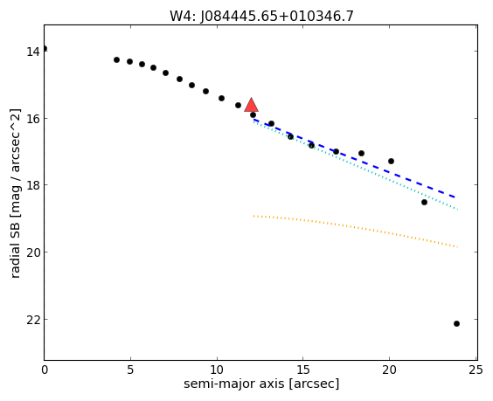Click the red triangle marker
pyautogui.click(x=251, y=106)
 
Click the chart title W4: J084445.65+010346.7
pyautogui.click(x=261, y=16)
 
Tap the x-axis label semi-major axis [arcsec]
pyautogui.click(x=261, y=384)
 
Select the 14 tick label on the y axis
pyautogui.click(x=33, y=52)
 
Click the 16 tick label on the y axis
pyautogui.click(x=33, y=119)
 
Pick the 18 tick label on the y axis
pyautogui.click(x=33, y=185)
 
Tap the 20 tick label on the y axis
pyautogui.click(x=33, y=252)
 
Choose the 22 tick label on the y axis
pyautogui.click(x=33, y=319)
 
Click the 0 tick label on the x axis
pyautogui.click(x=45, y=370)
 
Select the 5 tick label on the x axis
pyautogui.click(x=130, y=370)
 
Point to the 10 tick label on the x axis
pyautogui.click(x=217, y=370)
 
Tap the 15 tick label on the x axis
pyautogui.click(x=303, y=370)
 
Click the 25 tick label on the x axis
pyautogui.click(x=476, y=370)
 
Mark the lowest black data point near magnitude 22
pyautogui.click(x=456, y=324)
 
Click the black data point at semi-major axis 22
pyautogui.click(x=424, y=202)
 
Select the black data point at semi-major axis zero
pyautogui.click(x=45, y=48)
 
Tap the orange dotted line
pyautogui.click(x=356, y=230)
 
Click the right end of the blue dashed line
pyautogui.click(x=455, y=197)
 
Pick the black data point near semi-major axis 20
pyautogui.click(x=391, y=162)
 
